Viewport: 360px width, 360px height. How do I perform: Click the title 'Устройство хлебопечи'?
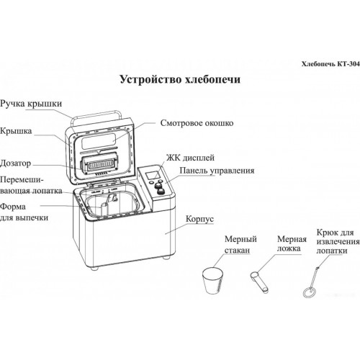(x=180, y=79)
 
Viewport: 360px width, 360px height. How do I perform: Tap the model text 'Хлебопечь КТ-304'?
(x=330, y=64)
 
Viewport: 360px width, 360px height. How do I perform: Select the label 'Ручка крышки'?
(x=31, y=104)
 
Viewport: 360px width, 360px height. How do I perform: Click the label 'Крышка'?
(x=16, y=131)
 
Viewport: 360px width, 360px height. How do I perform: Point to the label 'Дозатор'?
(x=16, y=163)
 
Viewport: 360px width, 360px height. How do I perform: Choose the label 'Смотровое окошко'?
(x=197, y=123)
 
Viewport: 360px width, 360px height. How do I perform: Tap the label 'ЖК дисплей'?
(x=190, y=158)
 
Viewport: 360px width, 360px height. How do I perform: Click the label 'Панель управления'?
(x=217, y=171)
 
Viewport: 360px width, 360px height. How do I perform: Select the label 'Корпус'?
(x=199, y=219)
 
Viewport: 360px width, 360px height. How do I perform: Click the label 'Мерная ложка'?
(x=292, y=243)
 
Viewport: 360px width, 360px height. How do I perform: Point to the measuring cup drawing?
(x=213, y=280)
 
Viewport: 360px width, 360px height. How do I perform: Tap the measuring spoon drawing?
(x=259, y=282)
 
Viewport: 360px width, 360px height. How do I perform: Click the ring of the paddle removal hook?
(x=305, y=293)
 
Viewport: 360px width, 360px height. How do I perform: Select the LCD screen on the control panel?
(x=153, y=175)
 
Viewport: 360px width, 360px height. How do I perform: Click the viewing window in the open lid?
(x=99, y=142)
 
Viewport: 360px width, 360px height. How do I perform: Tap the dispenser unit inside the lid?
(x=99, y=164)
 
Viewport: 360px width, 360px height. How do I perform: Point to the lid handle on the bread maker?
(x=96, y=115)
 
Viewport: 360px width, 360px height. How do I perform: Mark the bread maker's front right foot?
(x=166, y=258)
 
